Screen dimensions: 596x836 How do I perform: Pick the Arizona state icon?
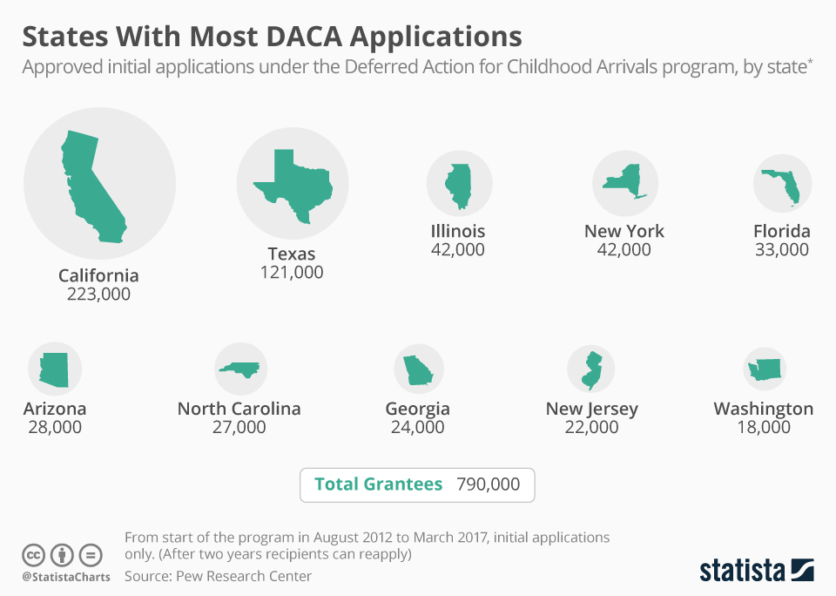(53, 369)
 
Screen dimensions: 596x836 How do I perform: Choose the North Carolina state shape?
(240, 369)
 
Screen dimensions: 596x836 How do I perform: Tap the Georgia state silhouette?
(418, 369)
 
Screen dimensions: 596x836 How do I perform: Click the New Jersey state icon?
(591, 369)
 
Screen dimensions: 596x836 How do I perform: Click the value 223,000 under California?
(98, 295)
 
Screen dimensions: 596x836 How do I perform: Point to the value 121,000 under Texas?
(292, 273)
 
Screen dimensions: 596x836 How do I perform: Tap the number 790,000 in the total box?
(488, 484)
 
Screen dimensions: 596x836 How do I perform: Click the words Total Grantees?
(378, 484)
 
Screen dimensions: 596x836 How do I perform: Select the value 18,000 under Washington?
(763, 427)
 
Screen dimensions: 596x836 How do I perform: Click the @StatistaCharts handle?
(66, 577)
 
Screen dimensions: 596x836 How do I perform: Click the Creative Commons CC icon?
(34, 555)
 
